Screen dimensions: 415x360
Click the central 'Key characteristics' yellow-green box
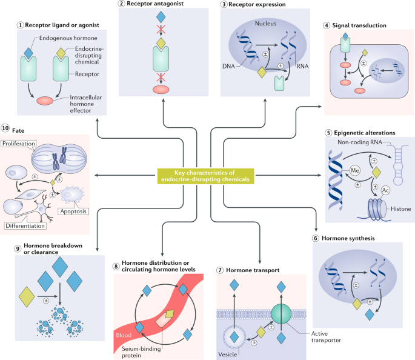pyautogui.click(x=205, y=176)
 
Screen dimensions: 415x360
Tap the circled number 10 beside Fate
pyautogui.click(x=5, y=128)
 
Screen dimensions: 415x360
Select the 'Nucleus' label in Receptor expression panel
pyautogui.click(x=265, y=24)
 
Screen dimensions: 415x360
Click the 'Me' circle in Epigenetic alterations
pyautogui.click(x=355, y=170)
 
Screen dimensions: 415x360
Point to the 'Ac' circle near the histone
pyautogui.click(x=385, y=190)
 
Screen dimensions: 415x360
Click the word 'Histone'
pyautogui.click(x=400, y=209)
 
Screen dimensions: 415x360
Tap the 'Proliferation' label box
pyautogui.click(x=19, y=144)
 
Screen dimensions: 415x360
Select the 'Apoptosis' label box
pyautogui.click(x=73, y=212)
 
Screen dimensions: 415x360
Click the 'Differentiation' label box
pyautogui.click(x=25, y=226)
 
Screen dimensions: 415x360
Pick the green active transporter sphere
pyautogui.click(x=281, y=314)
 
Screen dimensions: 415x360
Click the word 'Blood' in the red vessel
pyautogui.click(x=124, y=335)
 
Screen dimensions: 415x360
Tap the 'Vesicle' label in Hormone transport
pyautogui.click(x=227, y=355)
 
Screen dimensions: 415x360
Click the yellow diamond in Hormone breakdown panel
pyautogui.click(x=27, y=297)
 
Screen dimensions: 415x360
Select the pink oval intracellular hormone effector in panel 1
pyautogui.click(x=45, y=101)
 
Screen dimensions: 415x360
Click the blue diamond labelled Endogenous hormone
pyautogui.click(x=28, y=53)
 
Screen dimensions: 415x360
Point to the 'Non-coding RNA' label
pyautogui.click(x=360, y=142)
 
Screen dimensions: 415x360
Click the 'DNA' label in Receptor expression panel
pyautogui.click(x=228, y=66)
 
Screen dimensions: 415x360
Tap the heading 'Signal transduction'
pyautogui.click(x=359, y=25)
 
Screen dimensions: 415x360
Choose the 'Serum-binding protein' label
pyautogui.click(x=141, y=352)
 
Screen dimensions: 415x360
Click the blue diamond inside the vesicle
pyautogui.click(x=234, y=337)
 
